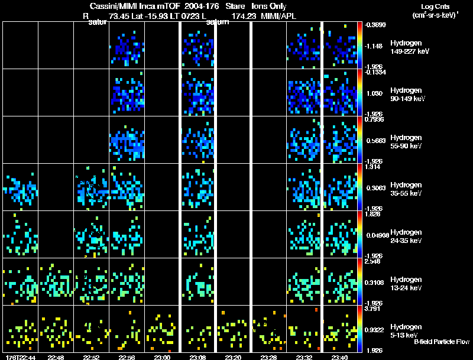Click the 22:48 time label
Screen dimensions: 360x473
click(x=56, y=357)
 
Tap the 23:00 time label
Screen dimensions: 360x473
click(x=163, y=357)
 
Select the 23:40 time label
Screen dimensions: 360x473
click(x=339, y=357)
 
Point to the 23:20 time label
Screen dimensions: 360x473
click(x=234, y=357)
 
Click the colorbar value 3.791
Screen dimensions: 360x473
click(x=372, y=309)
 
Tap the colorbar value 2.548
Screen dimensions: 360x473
click(x=372, y=261)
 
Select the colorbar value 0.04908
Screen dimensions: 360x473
click(x=376, y=235)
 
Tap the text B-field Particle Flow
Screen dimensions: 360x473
click(x=441, y=342)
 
